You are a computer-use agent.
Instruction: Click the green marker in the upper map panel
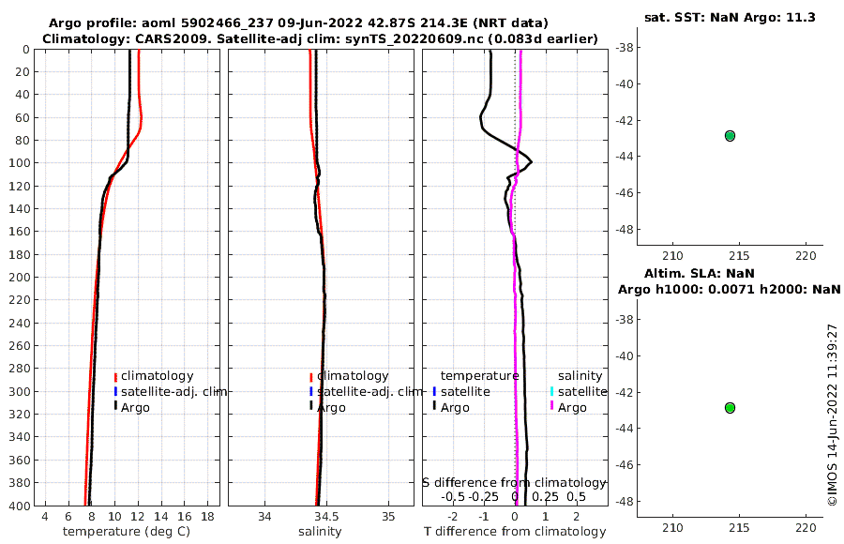click(x=730, y=135)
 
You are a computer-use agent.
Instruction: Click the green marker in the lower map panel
click(x=730, y=407)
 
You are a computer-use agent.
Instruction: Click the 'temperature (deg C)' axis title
click(x=127, y=532)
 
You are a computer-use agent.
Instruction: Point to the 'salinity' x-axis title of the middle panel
click(x=320, y=532)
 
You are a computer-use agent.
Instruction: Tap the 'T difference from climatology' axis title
click(x=515, y=532)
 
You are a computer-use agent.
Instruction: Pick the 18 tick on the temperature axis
click(x=207, y=517)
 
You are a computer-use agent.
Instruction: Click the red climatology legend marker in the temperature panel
click(x=115, y=376)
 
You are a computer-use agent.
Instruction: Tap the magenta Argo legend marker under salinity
click(x=552, y=407)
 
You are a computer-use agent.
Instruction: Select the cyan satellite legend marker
click(x=552, y=391)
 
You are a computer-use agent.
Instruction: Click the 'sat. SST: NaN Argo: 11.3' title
click(x=729, y=17)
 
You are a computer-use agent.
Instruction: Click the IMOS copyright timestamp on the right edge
click(x=832, y=415)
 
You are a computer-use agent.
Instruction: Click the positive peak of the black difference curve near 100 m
click(x=532, y=162)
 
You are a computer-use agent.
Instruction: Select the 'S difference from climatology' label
click(x=514, y=481)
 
